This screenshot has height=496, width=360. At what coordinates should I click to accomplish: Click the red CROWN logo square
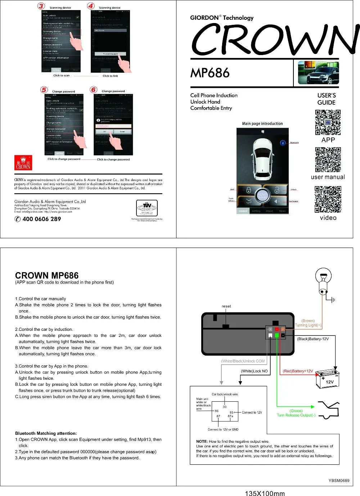point(23,163)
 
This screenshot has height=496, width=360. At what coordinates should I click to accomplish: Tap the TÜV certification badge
point(147,208)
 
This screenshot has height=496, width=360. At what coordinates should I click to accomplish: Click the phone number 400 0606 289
point(41,219)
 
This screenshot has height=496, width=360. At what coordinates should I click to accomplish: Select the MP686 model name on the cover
point(210,73)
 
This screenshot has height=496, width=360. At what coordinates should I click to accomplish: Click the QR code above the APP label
point(328,122)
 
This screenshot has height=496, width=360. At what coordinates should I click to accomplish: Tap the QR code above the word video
point(328,199)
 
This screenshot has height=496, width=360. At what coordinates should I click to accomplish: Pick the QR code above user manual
point(328,159)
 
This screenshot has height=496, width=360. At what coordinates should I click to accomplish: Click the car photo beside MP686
point(318,73)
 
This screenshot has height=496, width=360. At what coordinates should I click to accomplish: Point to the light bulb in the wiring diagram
point(323,280)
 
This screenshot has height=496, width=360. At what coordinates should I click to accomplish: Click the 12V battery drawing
point(328,379)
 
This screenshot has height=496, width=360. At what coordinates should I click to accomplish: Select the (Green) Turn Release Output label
point(296,413)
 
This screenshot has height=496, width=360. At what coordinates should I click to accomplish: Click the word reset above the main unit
point(226,306)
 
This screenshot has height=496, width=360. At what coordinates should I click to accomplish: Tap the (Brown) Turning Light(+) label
point(308,323)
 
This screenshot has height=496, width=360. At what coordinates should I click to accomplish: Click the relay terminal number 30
point(225,407)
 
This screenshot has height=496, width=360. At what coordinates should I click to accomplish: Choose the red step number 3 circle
point(41,6)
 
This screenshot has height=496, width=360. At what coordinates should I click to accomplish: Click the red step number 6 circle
point(94,90)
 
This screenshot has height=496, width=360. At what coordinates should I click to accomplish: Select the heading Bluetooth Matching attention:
point(46,433)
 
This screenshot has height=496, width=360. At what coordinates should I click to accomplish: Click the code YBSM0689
point(339,481)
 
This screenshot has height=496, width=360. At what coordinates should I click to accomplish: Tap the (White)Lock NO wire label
point(254,371)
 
